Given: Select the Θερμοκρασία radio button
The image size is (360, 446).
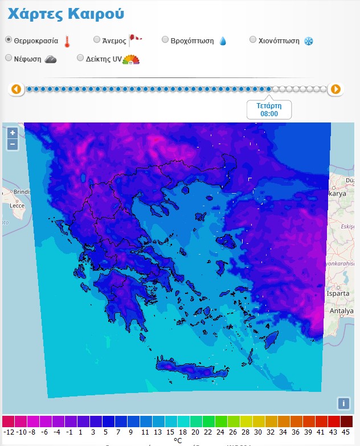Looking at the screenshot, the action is (x=9, y=40).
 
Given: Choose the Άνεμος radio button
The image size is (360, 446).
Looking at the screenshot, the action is (x=97, y=40).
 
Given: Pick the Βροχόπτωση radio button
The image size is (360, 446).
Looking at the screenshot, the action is (x=165, y=40).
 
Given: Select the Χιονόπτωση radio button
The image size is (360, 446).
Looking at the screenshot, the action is (x=253, y=40).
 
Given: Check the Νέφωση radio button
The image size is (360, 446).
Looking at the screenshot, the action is (x=9, y=58).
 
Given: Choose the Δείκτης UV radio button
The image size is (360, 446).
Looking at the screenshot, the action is (x=80, y=58).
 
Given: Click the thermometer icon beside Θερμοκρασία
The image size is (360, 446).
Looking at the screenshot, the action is (x=67, y=41).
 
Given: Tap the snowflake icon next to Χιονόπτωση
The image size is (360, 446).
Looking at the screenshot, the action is (x=308, y=41).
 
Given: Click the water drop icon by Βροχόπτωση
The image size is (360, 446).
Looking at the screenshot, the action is (x=223, y=41).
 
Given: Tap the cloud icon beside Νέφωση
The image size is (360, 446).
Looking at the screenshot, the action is (x=51, y=59).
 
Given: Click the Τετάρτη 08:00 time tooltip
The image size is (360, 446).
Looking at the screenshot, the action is (x=269, y=109).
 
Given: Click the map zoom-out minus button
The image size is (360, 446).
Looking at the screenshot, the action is (x=13, y=144).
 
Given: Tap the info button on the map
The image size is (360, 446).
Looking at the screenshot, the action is (x=343, y=403).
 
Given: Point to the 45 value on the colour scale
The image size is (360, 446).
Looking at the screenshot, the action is (x=346, y=432).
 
